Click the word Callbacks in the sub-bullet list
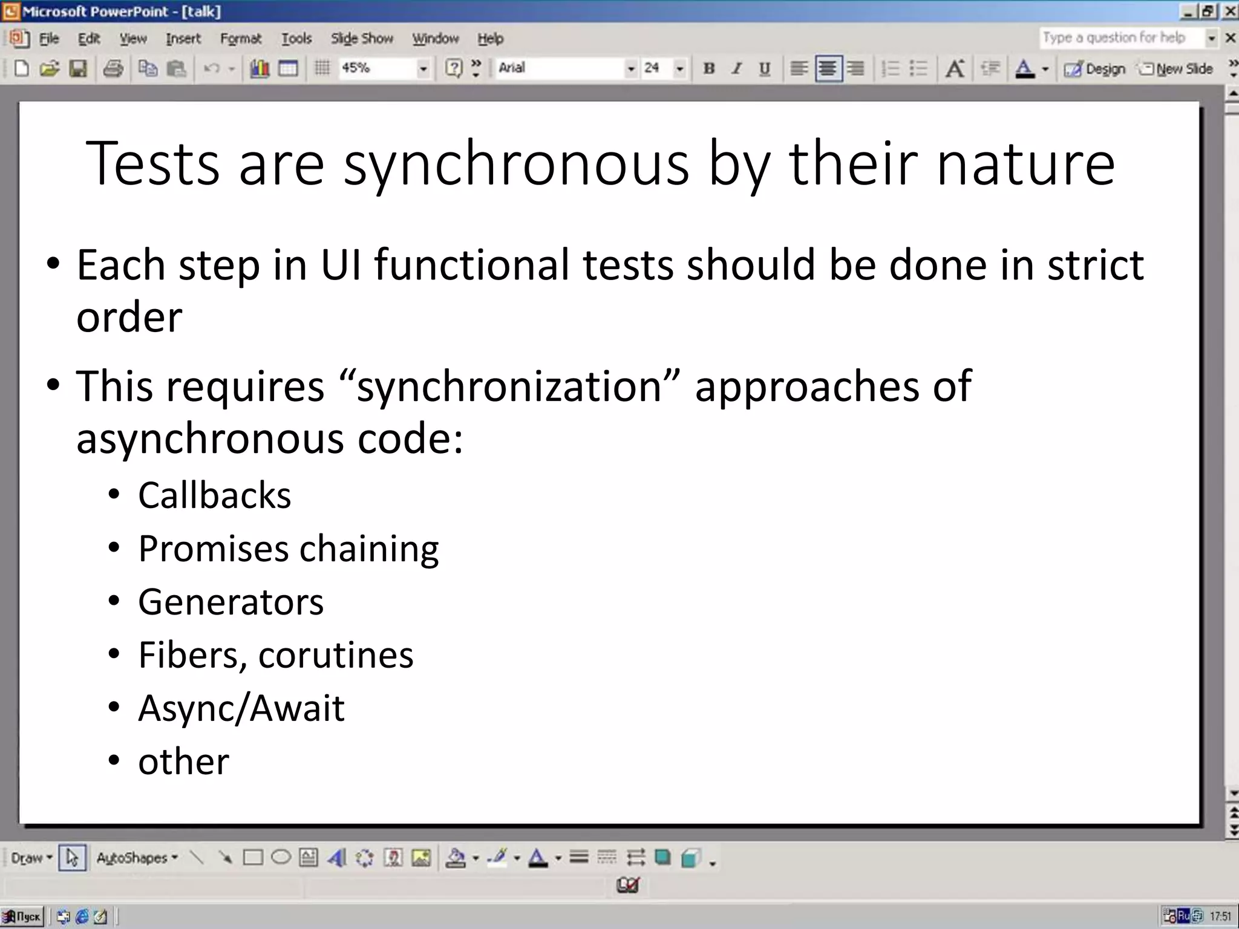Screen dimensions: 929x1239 pyautogui.click(x=214, y=495)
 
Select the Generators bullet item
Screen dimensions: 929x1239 pyautogui.click(x=230, y=602)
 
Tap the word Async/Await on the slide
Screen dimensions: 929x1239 pyautogui.click(x=241, y=708)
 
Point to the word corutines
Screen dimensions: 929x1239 pyautogui.click(x=336, y=655)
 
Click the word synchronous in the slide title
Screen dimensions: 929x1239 pyautogui.click(x=516, y=163)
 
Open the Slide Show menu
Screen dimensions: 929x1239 pyautogui.click(x=362, y=39)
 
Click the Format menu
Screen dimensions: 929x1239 pyautogui.click(x=241, y=39)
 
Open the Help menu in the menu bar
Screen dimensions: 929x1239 pyautogui.click(x=490, y=39)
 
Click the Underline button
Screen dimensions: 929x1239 pyautogui.click(x=765, y=68)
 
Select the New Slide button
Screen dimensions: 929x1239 pyautogui.click(x=1177, y=69)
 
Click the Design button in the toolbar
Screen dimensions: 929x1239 pyautogui.click(x=1096, y=69)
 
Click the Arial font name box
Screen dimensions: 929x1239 pyautogui.click(x=560, y=68)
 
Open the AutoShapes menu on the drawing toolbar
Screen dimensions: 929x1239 pyautogui.click(x=136, y=858)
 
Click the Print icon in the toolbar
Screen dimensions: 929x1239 pyautogui.click(x=113, y=68)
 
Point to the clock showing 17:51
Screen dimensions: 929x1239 pyautogui.click(x=1220, y=916)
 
